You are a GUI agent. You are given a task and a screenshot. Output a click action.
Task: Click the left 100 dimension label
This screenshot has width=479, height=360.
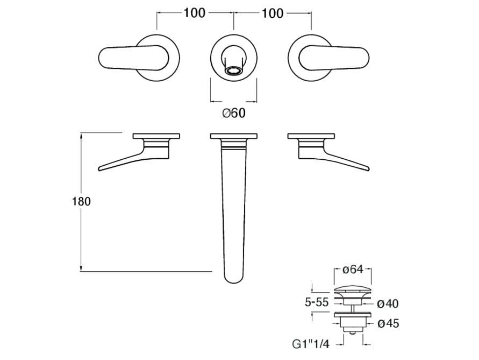[x=194, y=13]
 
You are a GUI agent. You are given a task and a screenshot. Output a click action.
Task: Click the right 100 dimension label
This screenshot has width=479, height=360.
[x=272, y=13]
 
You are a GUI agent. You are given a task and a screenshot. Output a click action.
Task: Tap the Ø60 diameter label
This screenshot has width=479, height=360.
[x=234, y=113]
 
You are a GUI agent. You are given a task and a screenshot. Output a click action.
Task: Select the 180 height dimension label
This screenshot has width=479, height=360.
[x=81, y=202]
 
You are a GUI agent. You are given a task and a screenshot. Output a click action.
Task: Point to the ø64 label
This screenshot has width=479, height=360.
[x=353, y=269]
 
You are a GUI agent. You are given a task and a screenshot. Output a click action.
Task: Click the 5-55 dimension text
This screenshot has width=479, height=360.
[x=317, y=302]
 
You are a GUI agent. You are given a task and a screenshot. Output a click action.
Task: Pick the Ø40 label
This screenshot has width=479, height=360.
[x=388, y=303]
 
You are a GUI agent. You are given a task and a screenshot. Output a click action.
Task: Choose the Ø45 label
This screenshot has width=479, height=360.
[x=388, y=323]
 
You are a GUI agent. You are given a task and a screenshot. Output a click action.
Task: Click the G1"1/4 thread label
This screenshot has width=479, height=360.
[x=311, y=344]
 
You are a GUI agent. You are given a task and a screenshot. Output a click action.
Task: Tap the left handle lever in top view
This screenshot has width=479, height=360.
[x=133, y=58]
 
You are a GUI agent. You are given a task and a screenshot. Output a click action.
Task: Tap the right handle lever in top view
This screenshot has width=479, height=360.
[x=334, y=58]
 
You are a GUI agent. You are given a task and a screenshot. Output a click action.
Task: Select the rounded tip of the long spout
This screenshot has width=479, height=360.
[x=234, y=278]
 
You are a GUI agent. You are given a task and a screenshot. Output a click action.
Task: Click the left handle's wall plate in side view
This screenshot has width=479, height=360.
[x=156, y=136]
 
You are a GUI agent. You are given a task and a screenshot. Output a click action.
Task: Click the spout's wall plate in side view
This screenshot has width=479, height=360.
[x=234, y=136]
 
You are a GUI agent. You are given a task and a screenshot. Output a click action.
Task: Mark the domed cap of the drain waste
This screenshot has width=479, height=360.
[x=353, y=289]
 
